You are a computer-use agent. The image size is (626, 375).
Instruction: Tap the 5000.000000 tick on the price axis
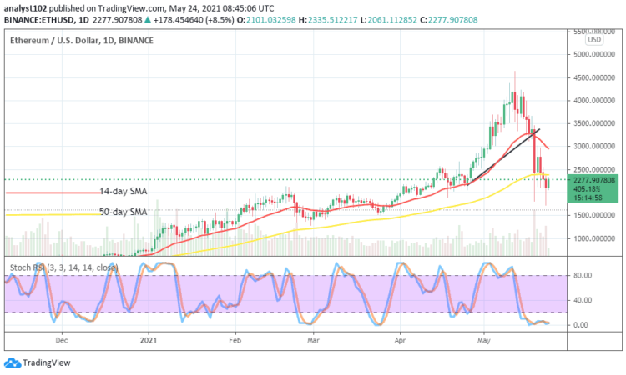(593, 54)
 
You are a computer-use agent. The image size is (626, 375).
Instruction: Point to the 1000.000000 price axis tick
(593, 237)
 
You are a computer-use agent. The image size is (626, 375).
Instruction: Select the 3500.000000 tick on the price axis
(593, 122)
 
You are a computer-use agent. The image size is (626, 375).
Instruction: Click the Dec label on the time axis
(61, 340)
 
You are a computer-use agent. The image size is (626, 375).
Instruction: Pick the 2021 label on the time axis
(149, 340)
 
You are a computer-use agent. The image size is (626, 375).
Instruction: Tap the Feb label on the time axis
(235, 340)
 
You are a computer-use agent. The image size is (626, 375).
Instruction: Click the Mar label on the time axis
(314, 340)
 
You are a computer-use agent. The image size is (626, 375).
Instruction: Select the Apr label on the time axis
(400, 340)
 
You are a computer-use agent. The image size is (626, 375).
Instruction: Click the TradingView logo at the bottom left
(38, 362)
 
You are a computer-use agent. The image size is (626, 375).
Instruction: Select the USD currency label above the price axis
(593, 39)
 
